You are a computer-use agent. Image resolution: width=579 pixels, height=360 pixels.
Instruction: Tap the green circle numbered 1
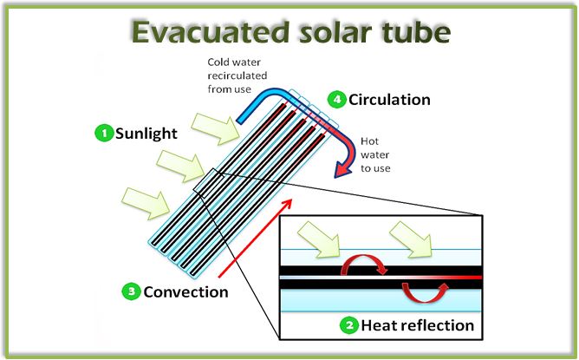[x=104, y=134]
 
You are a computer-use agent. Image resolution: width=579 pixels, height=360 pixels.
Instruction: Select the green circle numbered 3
[x=131, y=291]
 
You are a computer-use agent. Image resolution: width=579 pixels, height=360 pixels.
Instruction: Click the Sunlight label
[x=146, y=134]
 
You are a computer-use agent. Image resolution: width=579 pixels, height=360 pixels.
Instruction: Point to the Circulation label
[x=389, y=99]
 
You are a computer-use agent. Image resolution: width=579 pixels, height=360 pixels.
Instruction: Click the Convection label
[x=186, y=291]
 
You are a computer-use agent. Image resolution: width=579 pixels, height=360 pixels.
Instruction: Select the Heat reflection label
[x=419, y=326]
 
